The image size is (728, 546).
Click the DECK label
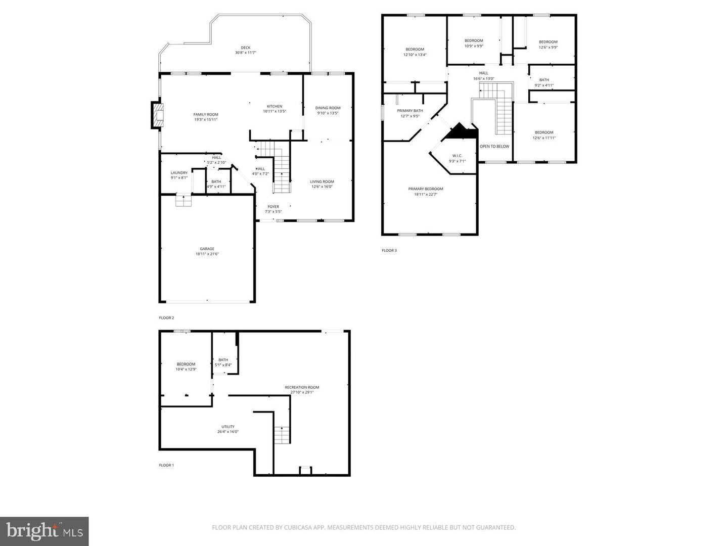click(245, 48)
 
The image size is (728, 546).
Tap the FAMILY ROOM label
click(206, 114)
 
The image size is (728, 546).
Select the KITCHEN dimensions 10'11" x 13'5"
click(275, 111)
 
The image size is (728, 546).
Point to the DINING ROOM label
click(328, 108)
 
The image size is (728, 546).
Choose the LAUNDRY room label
click(179, 172)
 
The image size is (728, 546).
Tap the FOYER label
click(273, 206)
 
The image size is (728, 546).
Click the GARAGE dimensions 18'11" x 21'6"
click(207, 254)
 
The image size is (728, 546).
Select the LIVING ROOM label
click(322, 181)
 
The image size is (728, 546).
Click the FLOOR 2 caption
click(166, 318)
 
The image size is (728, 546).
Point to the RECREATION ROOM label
click(302, 387)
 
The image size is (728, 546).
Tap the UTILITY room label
click(227, 426)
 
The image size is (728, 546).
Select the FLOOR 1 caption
click(166, 465)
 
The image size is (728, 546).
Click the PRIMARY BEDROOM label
click(426, 189)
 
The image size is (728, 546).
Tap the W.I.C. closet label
click(457, 156)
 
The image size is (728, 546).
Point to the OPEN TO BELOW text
click(494, 147)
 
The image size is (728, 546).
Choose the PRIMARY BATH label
click(410, 110)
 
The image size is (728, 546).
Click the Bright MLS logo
click(44, 531)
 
